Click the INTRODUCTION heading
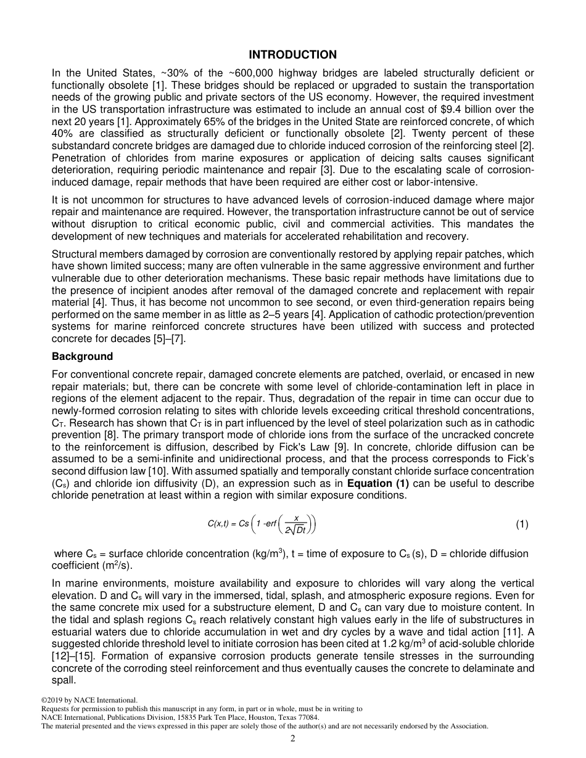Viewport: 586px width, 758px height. point(293,55)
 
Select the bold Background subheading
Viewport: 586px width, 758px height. point(82,356)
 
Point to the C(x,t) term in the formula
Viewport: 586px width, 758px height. point(218,524)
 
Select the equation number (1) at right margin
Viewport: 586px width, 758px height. point(522,524)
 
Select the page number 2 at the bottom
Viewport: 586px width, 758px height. point(293,739)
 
